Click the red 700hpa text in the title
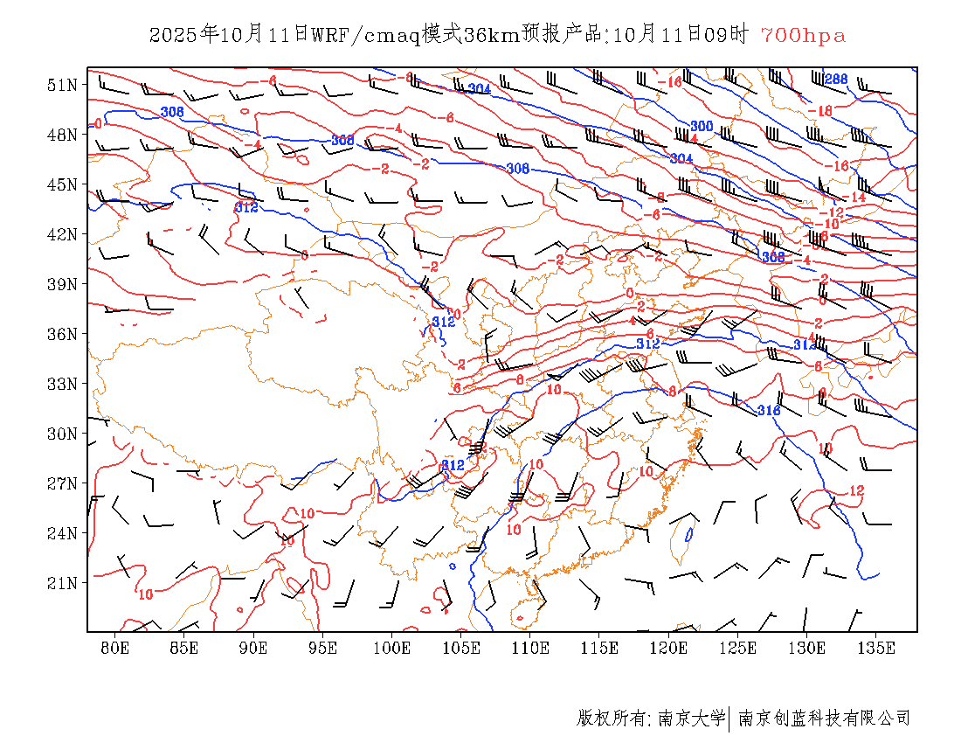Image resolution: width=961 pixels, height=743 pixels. (x=803, y=35)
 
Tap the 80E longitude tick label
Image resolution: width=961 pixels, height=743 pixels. (x=115, y=648)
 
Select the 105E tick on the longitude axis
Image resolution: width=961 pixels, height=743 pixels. (x=461, y=648)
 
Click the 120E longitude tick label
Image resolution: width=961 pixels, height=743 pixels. (x=669, y=648)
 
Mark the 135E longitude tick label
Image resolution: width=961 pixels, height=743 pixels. (x=877, y=648)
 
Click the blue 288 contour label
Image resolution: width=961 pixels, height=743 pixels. (x=836, y=80)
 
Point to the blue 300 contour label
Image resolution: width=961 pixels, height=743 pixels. (x=702, y=127)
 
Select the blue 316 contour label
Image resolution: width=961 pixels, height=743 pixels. (x=769, y=410)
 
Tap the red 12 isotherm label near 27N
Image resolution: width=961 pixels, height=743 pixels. (x=856, y=490)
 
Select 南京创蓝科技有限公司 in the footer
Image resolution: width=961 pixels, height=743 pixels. (x=824, y=719)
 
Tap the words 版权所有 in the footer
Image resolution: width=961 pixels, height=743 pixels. (x=610, y=719)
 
